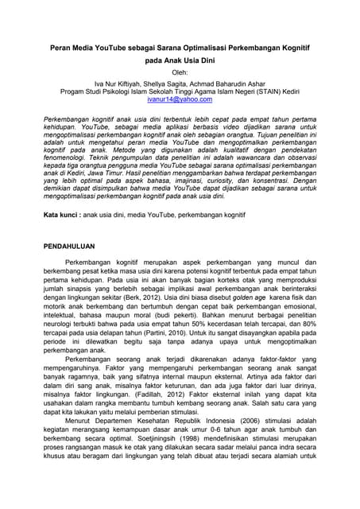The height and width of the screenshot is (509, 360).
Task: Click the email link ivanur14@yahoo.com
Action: pos(180,99)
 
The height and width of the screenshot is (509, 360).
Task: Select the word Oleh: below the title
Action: pos(180,72)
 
